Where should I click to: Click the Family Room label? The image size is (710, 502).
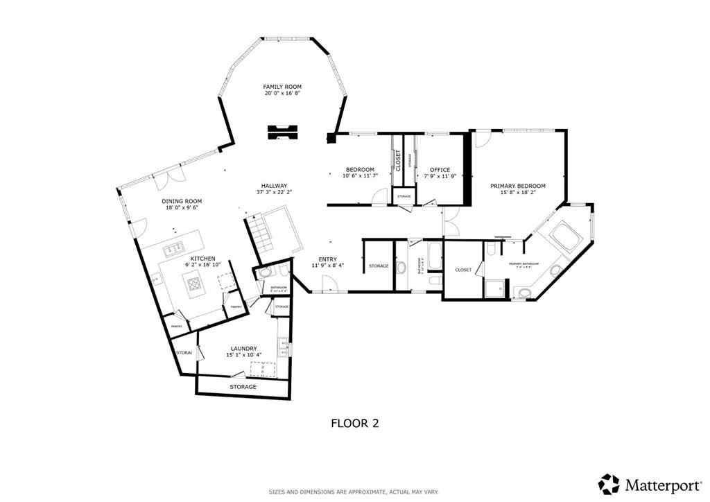pyautogui.click(x=282, y=87)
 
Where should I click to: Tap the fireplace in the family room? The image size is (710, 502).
pyautogui.click(x=283, y=131)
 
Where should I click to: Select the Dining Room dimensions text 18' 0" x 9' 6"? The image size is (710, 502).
pyautogui.click(x=182, y=208)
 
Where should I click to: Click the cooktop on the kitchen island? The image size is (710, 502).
pyautogui.click(x=192, y=282)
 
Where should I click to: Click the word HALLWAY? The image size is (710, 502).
pyautogui.click(x=274, y=185)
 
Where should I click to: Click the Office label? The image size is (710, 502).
pyautogui.click(x=440, y=170)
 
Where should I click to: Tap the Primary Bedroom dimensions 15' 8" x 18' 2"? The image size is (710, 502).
pyautogui.click(x=517, y=193)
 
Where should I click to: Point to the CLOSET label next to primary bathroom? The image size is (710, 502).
pyautogui.click(x=463, y=270)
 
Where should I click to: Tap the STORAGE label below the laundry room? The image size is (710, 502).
pyautogui.click(x=243, y=386)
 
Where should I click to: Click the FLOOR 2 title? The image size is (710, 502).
pyautogui.click(x=354, y=422)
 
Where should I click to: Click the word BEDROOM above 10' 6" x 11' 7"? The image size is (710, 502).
pyautogui.click(x=360, y=170)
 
